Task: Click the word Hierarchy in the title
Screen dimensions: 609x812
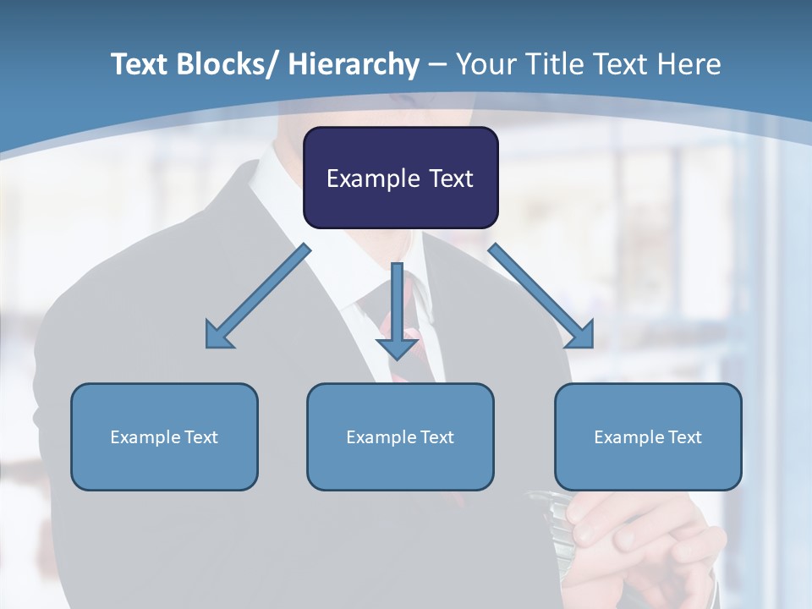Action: pos(354,64)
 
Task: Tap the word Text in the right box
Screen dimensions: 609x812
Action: pos(684,437)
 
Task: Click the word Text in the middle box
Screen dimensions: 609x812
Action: pos(436,437)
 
